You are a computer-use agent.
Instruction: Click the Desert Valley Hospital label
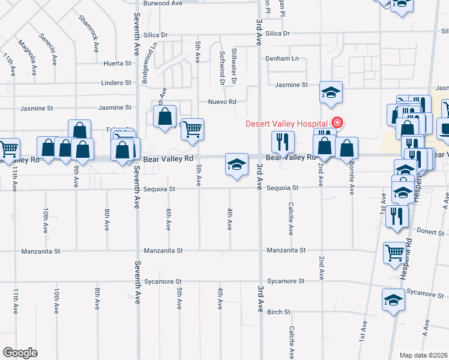(289, 124)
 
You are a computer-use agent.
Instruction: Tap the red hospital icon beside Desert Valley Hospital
(337, 123)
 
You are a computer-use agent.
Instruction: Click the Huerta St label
(117, 63)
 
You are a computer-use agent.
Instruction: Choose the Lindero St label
(116, 82)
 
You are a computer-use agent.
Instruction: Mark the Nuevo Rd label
(222, 102)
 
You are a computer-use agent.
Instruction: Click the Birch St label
(279, 312)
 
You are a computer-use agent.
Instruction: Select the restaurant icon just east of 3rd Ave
(283, 142)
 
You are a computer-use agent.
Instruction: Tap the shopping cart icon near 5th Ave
(192, 128)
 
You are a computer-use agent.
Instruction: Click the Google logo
(20, 353)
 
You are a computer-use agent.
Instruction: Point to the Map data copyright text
(424, 355)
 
